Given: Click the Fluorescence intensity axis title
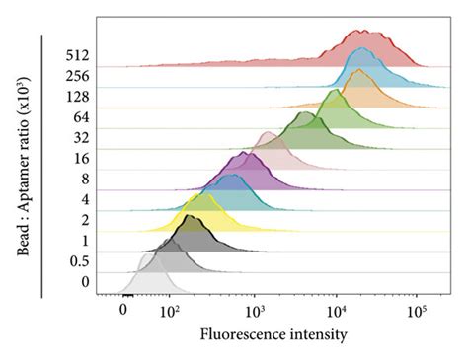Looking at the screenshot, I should point(273,334).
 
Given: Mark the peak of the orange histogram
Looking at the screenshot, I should point(358,70).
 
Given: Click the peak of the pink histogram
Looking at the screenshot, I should point(269,132).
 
